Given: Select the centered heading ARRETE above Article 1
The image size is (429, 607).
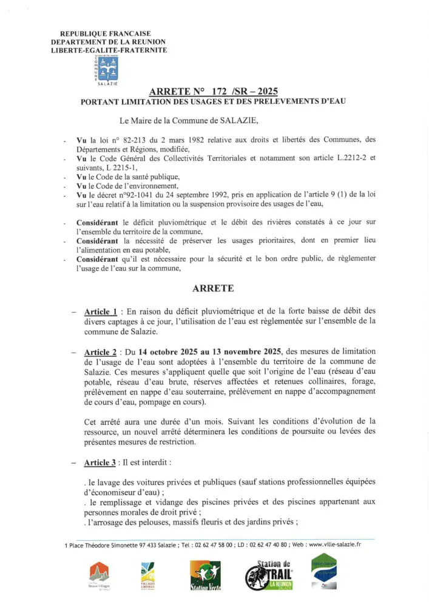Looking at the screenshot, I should (213, 288).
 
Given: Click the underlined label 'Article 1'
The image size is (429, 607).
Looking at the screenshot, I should (101, 311).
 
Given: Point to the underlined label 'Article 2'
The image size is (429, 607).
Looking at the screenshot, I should (101, 352).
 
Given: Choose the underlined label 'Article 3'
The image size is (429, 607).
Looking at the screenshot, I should (100, 463).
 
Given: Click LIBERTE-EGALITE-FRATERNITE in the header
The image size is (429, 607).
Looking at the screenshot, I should (109, 50).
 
